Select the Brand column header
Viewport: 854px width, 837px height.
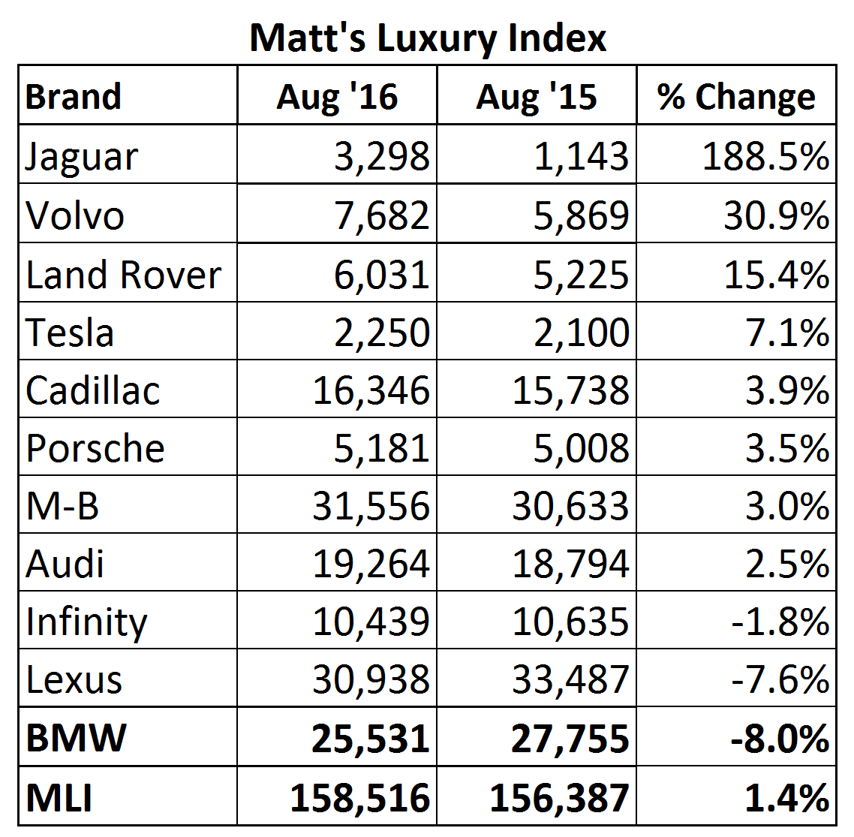[x=73, y=97]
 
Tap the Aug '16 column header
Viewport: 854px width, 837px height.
[x=337, y=97]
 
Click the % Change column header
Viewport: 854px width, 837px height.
[x=735, y=97]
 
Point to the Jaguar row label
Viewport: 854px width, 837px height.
[x=82, y=157]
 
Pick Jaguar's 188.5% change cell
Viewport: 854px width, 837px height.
[x=765, y=157]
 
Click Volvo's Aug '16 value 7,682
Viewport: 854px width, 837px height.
[x=381, y=215]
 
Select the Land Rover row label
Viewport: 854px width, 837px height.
[x=123, y=275]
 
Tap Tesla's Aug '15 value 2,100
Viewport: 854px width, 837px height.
[x=581, y=333]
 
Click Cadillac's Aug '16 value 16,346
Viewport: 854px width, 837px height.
[x=371, y=390]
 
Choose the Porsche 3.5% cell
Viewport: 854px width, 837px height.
[x=787, y=448]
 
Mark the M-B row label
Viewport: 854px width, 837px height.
[x=62, y=506]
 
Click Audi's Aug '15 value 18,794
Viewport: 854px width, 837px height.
[x=570, y=564]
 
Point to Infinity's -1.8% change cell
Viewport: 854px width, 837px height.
[x=780, y=622]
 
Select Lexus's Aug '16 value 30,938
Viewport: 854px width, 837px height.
[x=371, y=679]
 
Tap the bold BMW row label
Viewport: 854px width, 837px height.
[x=76, y=738]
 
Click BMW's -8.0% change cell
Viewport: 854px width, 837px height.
[x=779, y=738]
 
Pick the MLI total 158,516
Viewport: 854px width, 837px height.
[x=360, y=797]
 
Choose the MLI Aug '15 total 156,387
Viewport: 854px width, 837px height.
[x=559, y=797]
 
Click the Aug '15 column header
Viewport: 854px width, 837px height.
[x=536, y=97]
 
